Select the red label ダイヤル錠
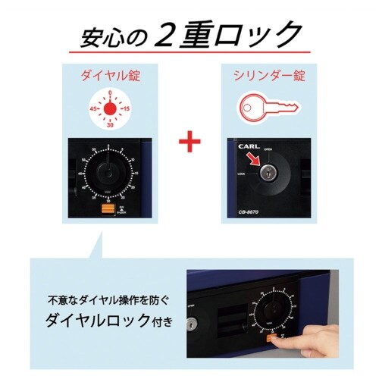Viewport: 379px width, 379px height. (x=111, y=77)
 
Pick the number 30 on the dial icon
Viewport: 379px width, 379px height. (x=111, y=126)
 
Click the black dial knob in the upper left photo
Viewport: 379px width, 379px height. (x=111, y=173)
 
